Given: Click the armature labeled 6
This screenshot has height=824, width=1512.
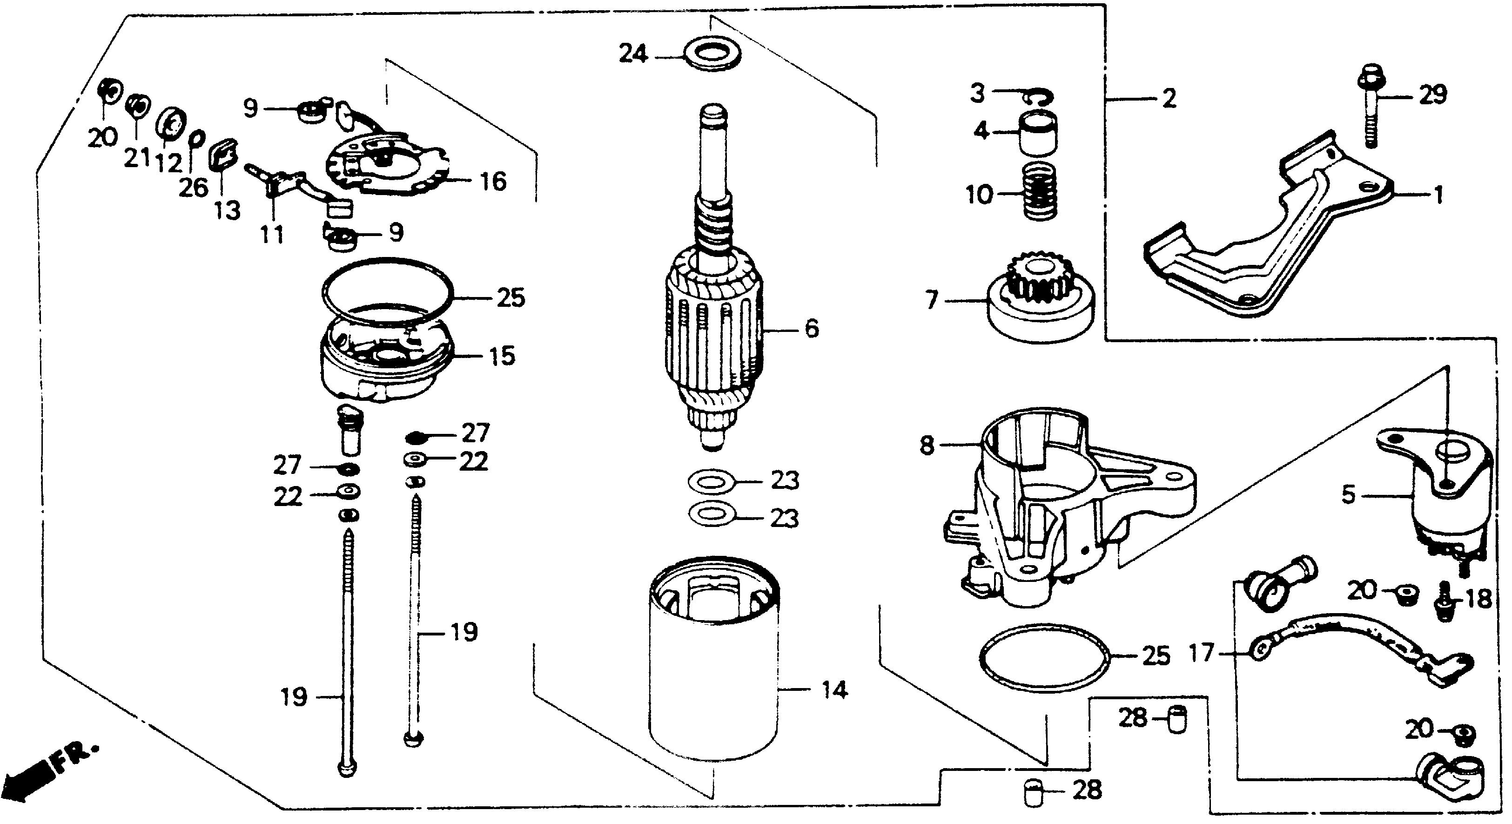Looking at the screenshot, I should click(x=713, y=329).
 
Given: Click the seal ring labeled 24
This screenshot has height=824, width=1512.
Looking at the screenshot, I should click(x=712, y=54).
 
